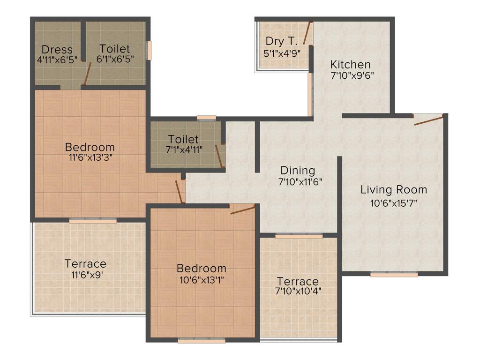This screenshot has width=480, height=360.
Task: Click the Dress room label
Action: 57,49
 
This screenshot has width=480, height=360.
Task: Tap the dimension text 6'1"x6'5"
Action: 115,59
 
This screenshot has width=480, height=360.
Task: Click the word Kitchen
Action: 350,64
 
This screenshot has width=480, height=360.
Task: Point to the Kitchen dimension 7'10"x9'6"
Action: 352,75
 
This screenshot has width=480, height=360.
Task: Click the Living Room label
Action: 394,190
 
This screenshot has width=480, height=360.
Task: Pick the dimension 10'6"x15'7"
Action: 394,203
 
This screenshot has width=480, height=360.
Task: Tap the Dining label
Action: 298,170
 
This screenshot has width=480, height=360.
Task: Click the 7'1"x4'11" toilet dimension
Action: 183,150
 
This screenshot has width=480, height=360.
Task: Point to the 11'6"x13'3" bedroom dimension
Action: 90,157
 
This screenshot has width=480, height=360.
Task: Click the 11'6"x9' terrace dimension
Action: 85,274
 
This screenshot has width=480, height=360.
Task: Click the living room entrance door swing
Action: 428,120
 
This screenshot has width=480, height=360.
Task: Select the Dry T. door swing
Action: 307,32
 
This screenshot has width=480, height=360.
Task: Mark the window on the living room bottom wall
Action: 394,275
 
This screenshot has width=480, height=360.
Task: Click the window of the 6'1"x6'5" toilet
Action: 150,51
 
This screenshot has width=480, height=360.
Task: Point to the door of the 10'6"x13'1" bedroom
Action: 242,209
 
